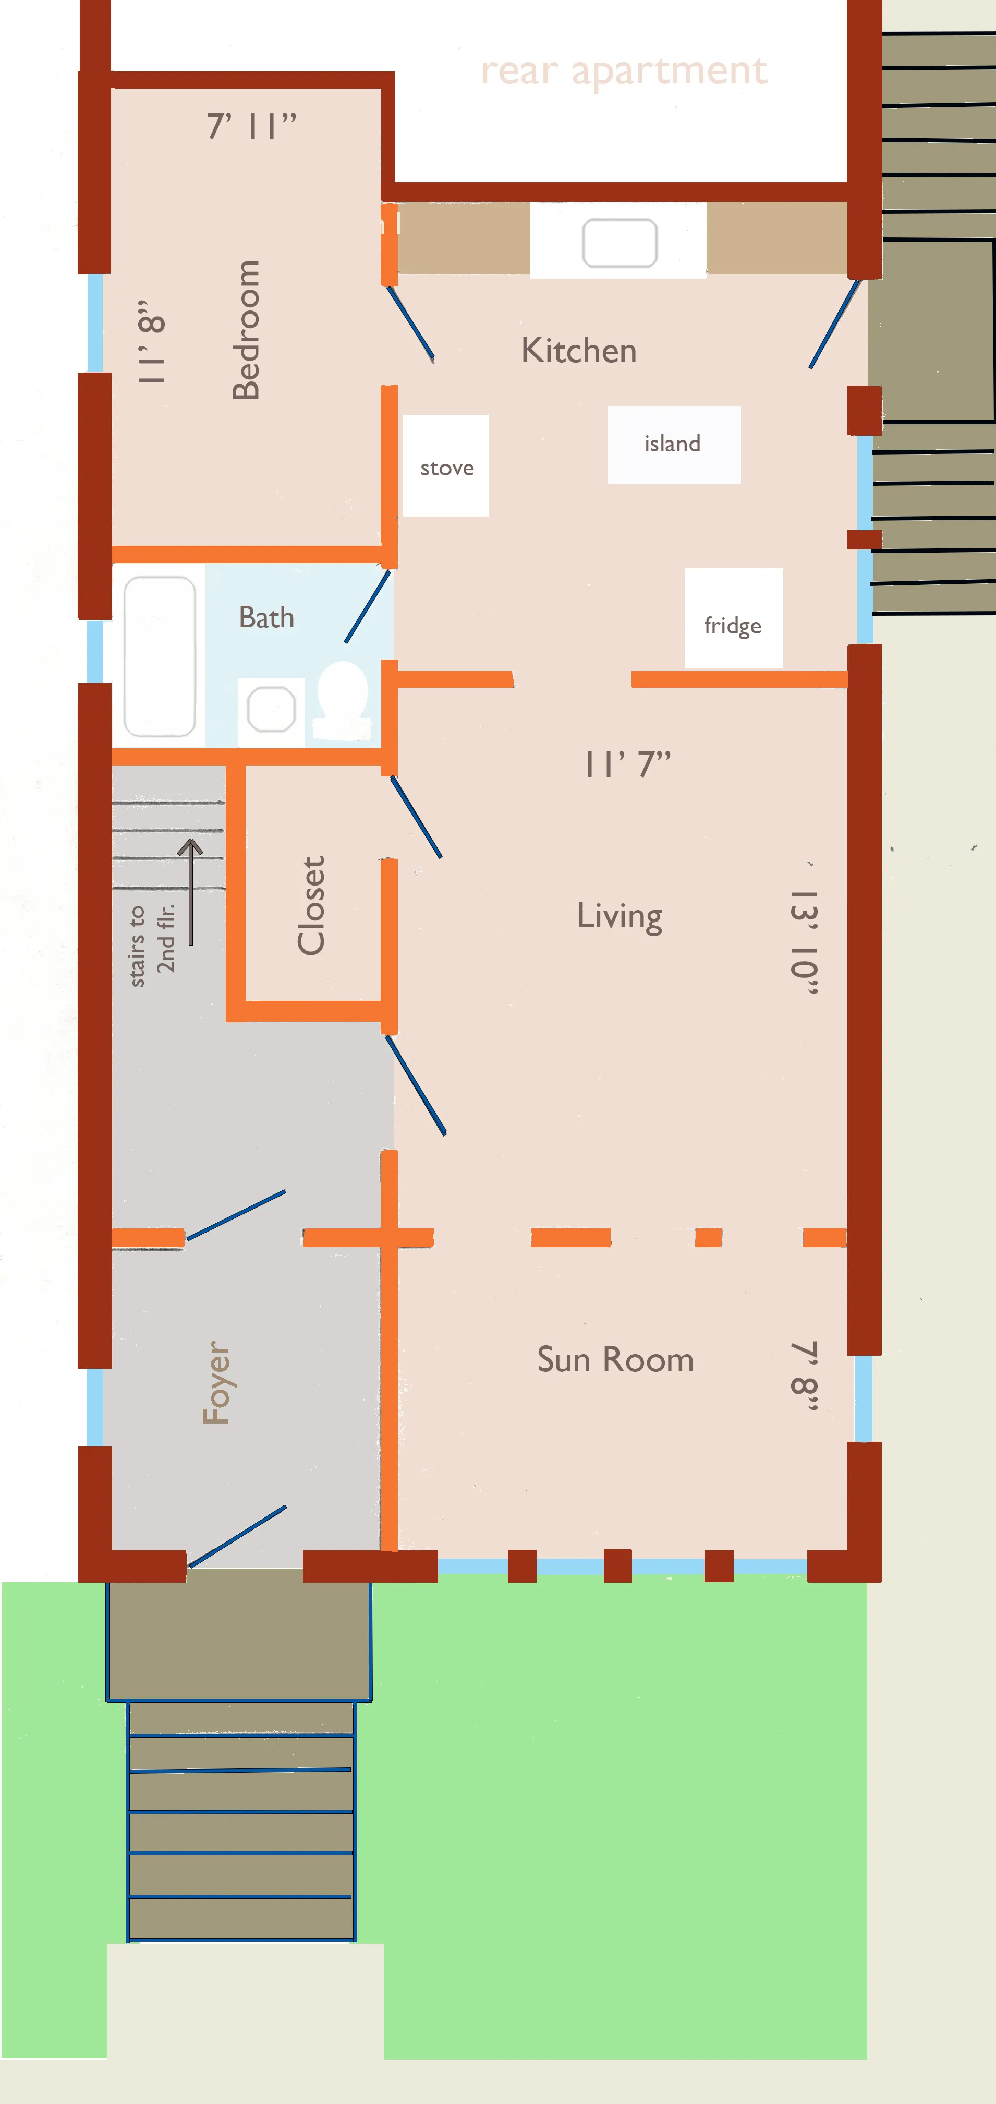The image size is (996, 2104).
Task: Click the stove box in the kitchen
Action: click(446, 465)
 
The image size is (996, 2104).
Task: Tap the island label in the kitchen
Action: click(673, 444)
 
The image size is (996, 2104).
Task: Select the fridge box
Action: click(733, 618)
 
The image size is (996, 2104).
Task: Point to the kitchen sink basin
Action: click(620, 243)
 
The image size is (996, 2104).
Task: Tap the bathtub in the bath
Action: click(159, 656)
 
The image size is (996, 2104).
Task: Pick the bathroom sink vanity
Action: click(271, 709)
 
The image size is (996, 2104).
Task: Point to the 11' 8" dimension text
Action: click(153, 341)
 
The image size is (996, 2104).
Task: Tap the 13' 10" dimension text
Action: click(804, 941)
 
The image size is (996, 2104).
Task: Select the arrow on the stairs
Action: click(190, 890)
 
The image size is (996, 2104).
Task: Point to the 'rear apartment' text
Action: click(624, 71)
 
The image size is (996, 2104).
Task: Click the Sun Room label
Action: click(615, 1360)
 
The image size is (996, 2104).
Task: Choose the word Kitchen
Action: click(579, 350)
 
